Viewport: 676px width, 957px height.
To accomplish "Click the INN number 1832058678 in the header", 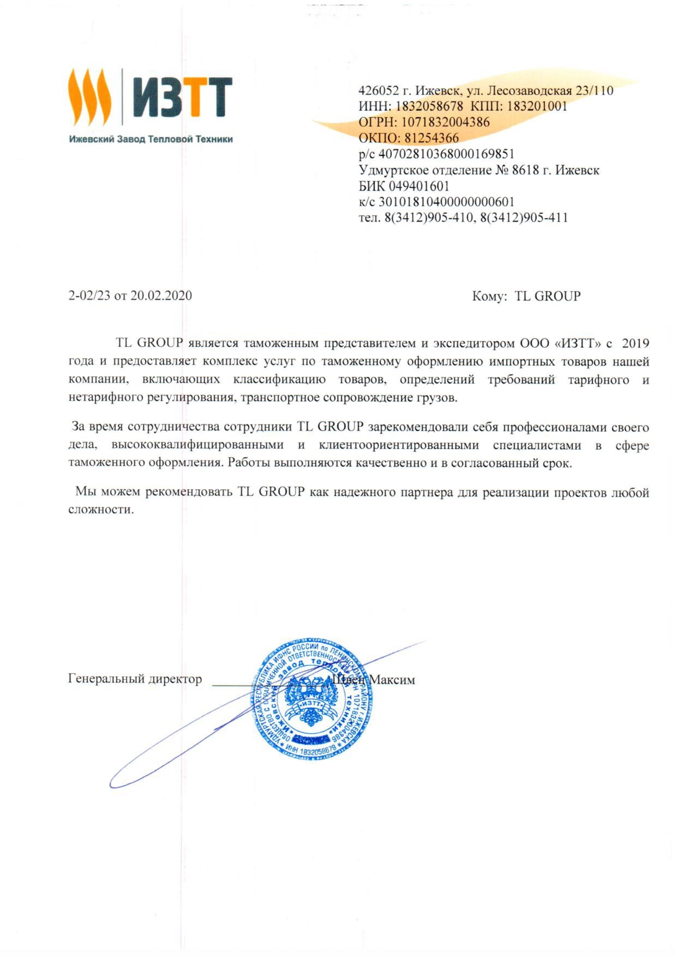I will click(x=429, y=107).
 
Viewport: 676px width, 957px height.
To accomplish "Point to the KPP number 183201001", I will click(x=537, y=107).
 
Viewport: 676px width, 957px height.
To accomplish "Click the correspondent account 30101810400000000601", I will click(x=446, y=202).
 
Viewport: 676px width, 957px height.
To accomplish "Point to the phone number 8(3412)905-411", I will click(x=524, y=218).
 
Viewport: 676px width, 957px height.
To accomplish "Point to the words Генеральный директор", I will click(x=135, y=680).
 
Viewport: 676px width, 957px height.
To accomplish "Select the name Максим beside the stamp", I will click(x=392, y=680).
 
